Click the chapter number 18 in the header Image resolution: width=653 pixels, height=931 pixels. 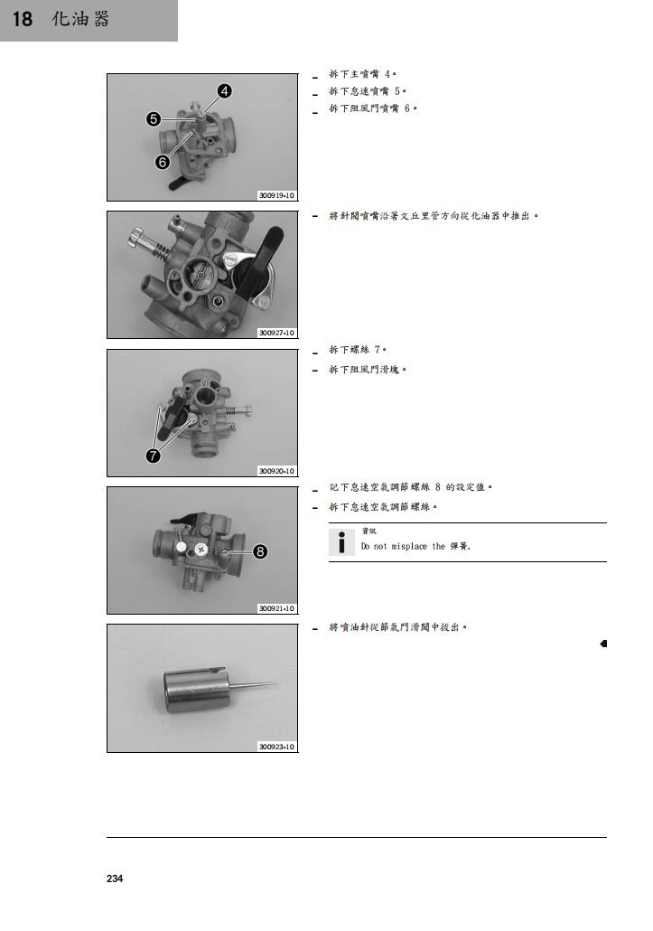pos(23,19)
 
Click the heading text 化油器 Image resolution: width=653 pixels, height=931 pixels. pos(81,19)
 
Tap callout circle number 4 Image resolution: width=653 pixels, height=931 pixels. pos(223,90)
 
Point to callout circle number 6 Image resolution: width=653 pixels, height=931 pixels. pos(163,162)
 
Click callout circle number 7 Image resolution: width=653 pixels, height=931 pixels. pos(154,456)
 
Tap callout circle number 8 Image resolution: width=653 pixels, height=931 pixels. pos(259,550)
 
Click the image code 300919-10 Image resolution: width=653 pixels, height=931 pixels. pos(276,195)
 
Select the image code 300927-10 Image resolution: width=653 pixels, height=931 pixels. pos(276,333)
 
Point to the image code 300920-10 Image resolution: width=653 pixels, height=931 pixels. pos(276,471)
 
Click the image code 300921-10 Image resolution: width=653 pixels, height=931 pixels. pos(276,608)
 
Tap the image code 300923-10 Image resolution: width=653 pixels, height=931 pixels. pos(276,747)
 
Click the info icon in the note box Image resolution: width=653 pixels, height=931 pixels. pos(341,542)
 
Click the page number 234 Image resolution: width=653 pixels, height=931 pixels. pos(115,879)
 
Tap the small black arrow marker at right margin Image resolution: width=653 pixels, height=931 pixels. pos(602,644)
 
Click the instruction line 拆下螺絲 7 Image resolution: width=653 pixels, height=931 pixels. pos(358,350)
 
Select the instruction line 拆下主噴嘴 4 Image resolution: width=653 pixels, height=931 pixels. pos(362,74)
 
